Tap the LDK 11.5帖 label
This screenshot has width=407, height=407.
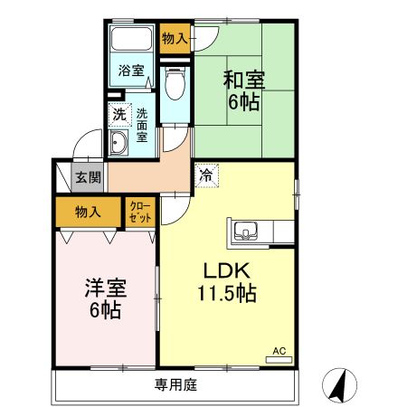tap(226, 281)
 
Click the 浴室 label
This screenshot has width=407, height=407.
tap(132, 71)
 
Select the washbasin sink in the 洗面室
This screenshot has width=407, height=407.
tap(118, 142)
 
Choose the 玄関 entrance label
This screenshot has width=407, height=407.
tap(87, 178)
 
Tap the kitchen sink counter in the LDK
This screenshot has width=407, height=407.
tap(247, 232)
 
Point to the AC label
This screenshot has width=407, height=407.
tap(279, 348)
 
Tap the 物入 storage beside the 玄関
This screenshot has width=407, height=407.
tap(87, 212)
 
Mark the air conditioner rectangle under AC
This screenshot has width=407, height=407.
tap(279, 359)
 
